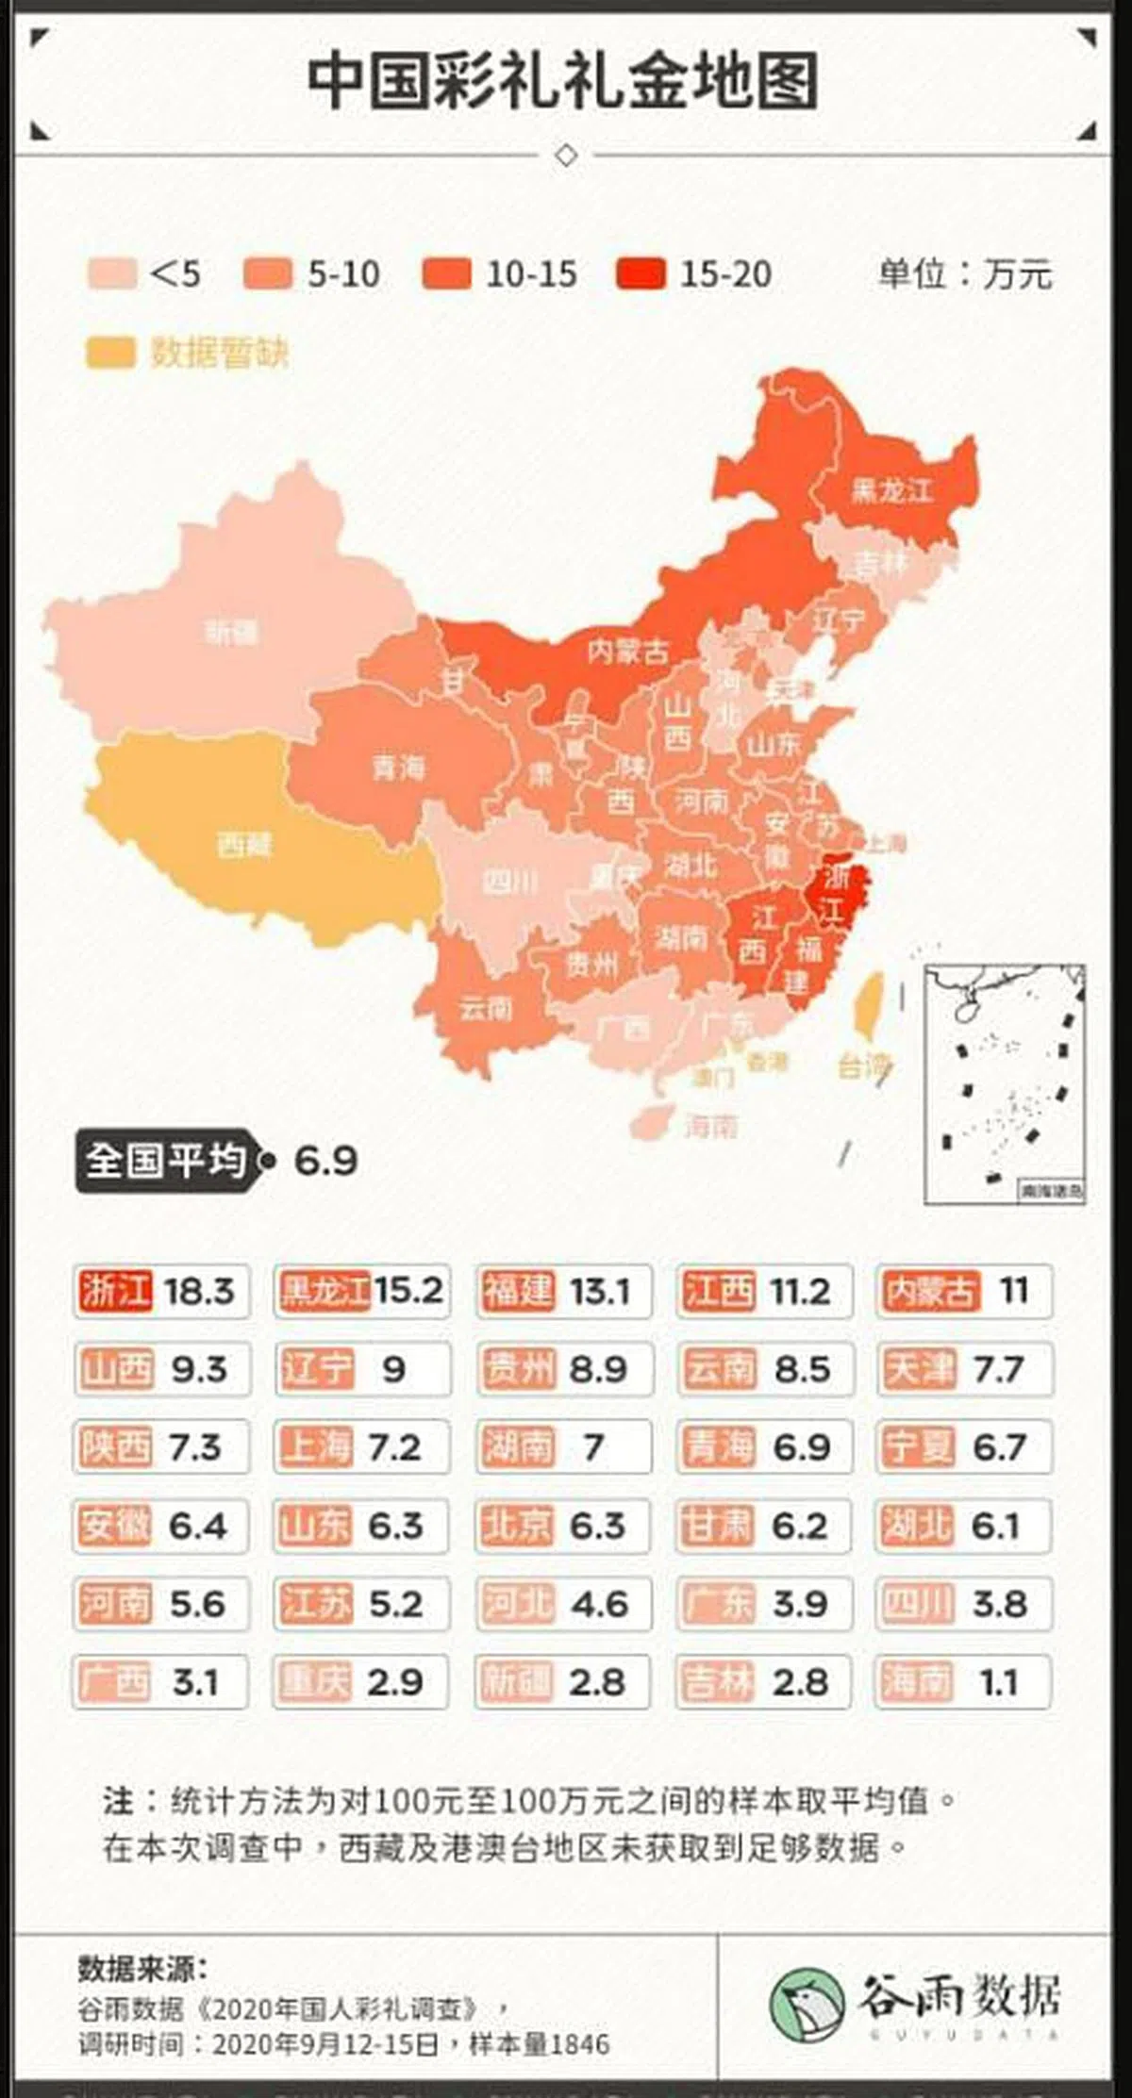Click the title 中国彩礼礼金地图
point(563,82)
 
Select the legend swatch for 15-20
point(641,274)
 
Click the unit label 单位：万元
point(964,274)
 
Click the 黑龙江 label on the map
point(891,490)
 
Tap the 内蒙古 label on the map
point(627,651)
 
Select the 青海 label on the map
point(398,768)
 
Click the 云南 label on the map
point(486,1009)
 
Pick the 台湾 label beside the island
point(862,1066)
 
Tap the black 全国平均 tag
point(165,1160)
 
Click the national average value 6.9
point(325,1161)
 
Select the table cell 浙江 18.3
point(161,1291)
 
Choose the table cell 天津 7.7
point(964,1369)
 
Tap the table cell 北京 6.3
point(563,1526)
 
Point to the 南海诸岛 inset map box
point(1004,1084)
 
